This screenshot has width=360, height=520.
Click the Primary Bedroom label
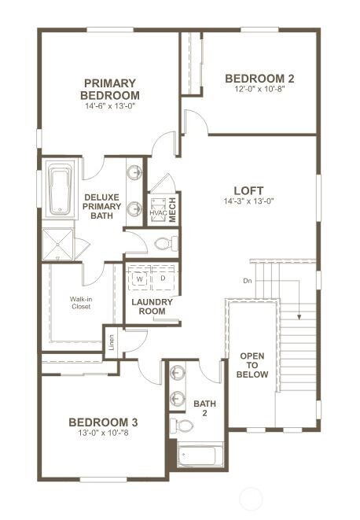[x=110, y=89]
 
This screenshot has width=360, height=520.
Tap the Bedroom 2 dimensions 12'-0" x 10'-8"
[x=260, y=89]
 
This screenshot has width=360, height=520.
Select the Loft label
[x=248, y=190]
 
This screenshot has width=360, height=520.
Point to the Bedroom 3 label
[x=103, y=422]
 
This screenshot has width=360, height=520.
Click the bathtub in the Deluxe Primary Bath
[x=60, y=190]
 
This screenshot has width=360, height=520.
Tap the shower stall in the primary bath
[x=57, y=245]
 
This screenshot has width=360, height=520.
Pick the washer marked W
[x=140, y=279]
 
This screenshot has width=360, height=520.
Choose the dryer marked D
[x=163, y=278]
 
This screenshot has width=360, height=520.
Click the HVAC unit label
[x=158, y=212]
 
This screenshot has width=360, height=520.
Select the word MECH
[x=172, y=209]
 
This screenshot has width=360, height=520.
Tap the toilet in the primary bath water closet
[x=166, y=244]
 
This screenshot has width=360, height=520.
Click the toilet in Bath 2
[x=182, y=426]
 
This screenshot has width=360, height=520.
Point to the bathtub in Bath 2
[x=200, y=455]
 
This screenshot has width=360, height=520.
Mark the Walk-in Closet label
[x=81, y=303]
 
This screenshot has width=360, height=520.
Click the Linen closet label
[x=112, y=342]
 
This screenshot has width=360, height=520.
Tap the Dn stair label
[x=248, y=281]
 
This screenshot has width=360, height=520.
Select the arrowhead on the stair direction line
[x=299, y=317]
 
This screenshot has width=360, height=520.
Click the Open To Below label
[x=252, y=365]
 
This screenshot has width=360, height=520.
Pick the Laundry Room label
[x=152, y=307]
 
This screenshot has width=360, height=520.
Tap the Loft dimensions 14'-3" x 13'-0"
[x=248, y=201]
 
